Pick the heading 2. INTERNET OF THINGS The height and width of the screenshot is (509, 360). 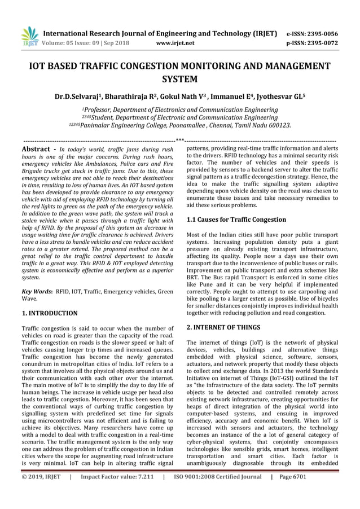pos(223,327)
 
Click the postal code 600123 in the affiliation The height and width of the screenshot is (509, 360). pos(278,125)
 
